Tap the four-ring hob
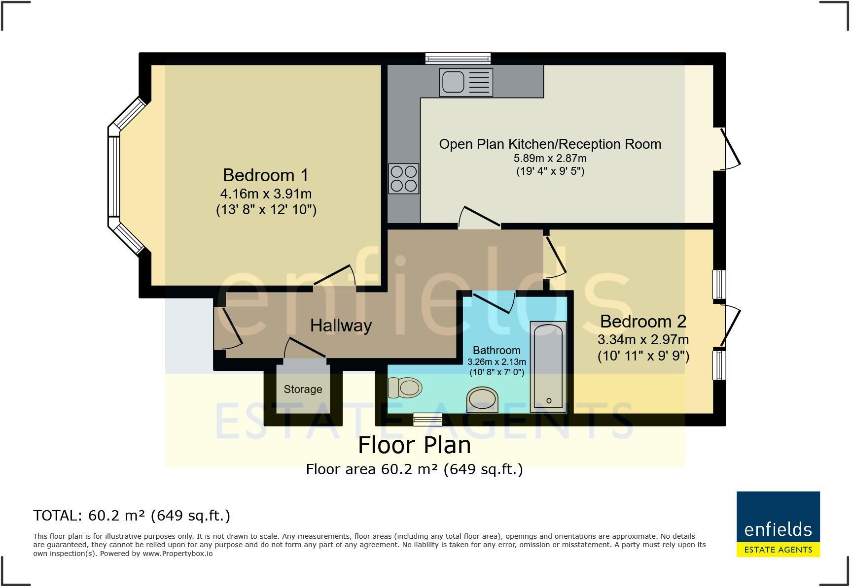click(x=404, y=178)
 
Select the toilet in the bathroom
click(x=405, y=388)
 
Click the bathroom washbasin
click(x=483, y=399)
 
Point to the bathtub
click(x=548, y=367)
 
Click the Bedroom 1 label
click(x=265, y=175)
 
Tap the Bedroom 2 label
click(x=642, y=321)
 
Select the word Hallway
click(x=341, y=325)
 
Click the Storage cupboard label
click(x=303, y=389)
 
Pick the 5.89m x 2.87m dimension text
click(x=550, y=158)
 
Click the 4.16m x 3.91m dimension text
click(x=266, y=194)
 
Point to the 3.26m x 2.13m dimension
click(x=497, y=361)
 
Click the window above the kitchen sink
click(x=458, y=58)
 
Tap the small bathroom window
click(x=427, y=419)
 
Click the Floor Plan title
click(x=414, y=445)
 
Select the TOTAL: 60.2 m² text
click(x=132, y=515)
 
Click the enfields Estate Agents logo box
click(x=778, y=524)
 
